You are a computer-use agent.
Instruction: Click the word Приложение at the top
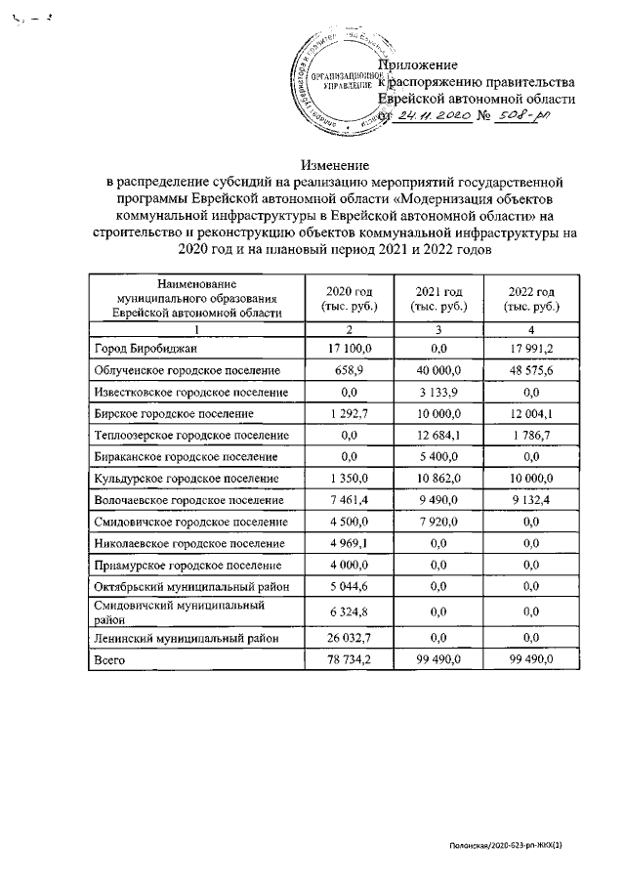(x=425, y=63)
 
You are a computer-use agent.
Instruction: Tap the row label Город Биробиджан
(x=144, y=349)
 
